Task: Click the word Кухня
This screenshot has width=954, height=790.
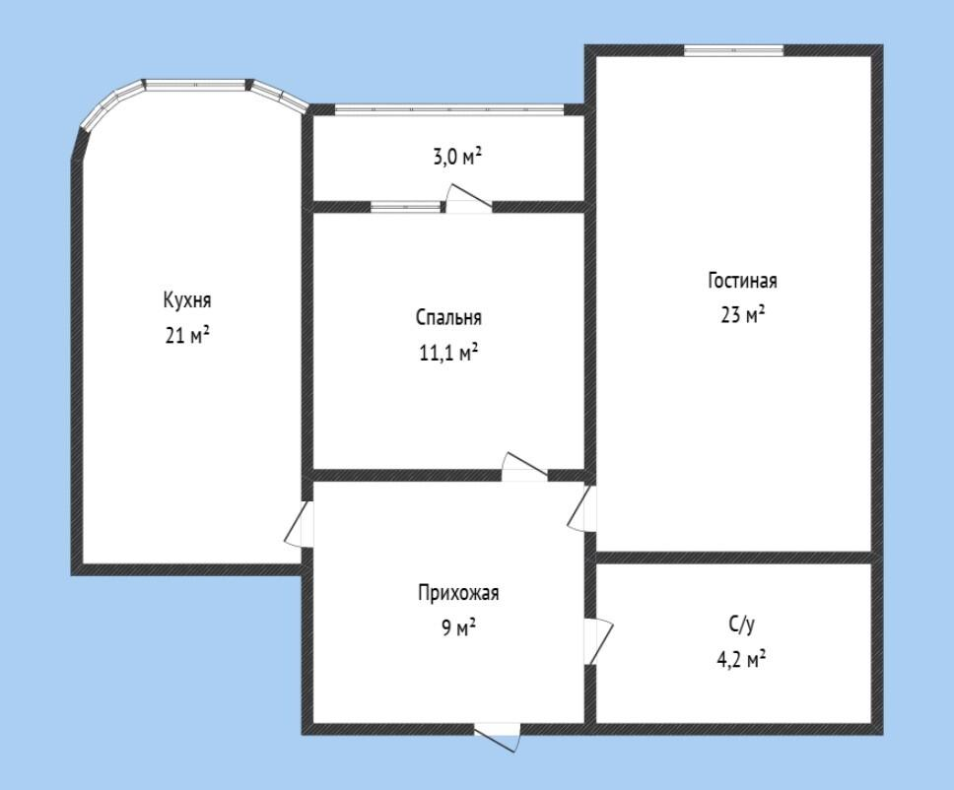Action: pyautogui.click(x=187, y=300)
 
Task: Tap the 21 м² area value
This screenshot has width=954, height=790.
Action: pyautogui.click(x=187, y=335)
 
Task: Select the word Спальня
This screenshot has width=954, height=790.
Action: pyautogui.click(x=449, y=317)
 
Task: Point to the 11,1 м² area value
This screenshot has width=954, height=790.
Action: pyautogui.click(x=448, y=352)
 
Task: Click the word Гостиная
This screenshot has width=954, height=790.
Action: pyautogui.click(x=742, y=281)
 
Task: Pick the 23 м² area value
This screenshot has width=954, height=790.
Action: pyautogui.click(x=742, y=315)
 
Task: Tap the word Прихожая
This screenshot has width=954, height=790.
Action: pyautogui.click(x=458, y=593)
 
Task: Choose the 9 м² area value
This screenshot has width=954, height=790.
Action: pyautogui.click(x=458, y=627)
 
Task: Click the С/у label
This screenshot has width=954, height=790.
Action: pyautogui.click(x=742, y=625)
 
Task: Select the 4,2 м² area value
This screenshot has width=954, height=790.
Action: pyautogui.click(x=741, y=659)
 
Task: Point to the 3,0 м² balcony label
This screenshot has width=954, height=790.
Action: pyautogui.click(x=457, y=158)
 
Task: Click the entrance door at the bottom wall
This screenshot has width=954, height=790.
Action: pyautogui.click(x=498, y=736)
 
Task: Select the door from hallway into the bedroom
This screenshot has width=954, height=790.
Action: pyautogui.click(x=524, y=467)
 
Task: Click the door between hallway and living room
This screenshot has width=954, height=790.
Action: pyautogui.click(x=582, y=508)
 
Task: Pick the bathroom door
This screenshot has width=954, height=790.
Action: pyautogui.click(x=598, y=641)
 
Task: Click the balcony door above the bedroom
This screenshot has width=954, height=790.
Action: pyautogui.click(x=468, y=198)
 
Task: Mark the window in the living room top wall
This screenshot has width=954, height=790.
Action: pyautogui.click(x=733, y=50)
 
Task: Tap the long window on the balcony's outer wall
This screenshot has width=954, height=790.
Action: pyautogui.click(x=449, y=109)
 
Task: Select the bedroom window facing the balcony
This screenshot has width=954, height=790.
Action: pyautogui.click(x=405, y=207)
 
